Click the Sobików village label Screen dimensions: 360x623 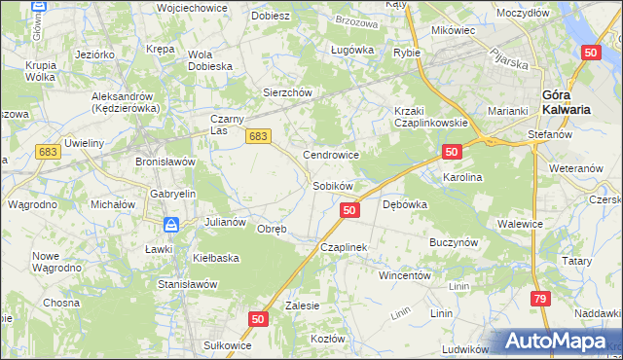[331, 185]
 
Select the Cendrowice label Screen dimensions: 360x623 [332, 155]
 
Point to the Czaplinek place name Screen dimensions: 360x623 [344, 248]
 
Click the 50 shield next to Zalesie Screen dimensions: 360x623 [258, 318]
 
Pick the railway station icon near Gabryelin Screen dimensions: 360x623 [171, 225]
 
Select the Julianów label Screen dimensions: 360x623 [225, 222]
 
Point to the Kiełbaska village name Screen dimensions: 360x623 [216, 258]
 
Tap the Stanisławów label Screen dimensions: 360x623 [187, 284]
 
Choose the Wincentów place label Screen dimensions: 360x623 [405, 275]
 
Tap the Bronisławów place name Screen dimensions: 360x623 [165, 161]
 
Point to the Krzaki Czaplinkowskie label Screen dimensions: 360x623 [431, 116]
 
